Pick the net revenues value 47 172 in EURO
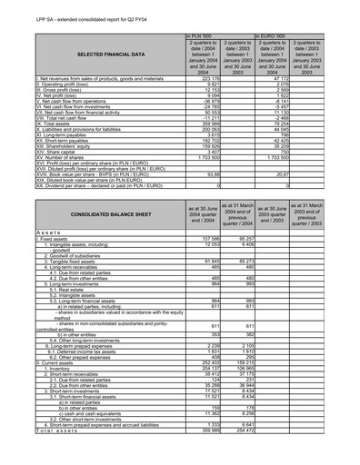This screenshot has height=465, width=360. pyautogui.click(x=279, y=79)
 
